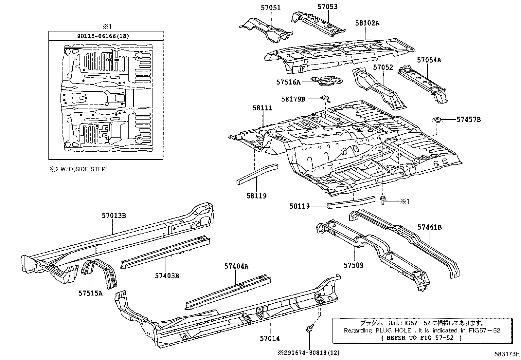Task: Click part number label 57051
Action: [271, 8]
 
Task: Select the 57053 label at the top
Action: [328, 7]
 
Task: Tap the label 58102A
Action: [367, 23]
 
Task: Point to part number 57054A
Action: [429, 60]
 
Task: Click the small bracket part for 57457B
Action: [438, 120]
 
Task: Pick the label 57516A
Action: [288, 82]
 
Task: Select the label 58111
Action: [262, 108]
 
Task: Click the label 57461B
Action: [429, 227]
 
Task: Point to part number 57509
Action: [353, 265]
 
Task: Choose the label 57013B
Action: [114, 215]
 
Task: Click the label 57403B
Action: [167, 276]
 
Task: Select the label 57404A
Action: [236, 266]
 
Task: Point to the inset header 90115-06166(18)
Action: [103, 36]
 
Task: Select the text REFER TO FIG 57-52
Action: [422, 338]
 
